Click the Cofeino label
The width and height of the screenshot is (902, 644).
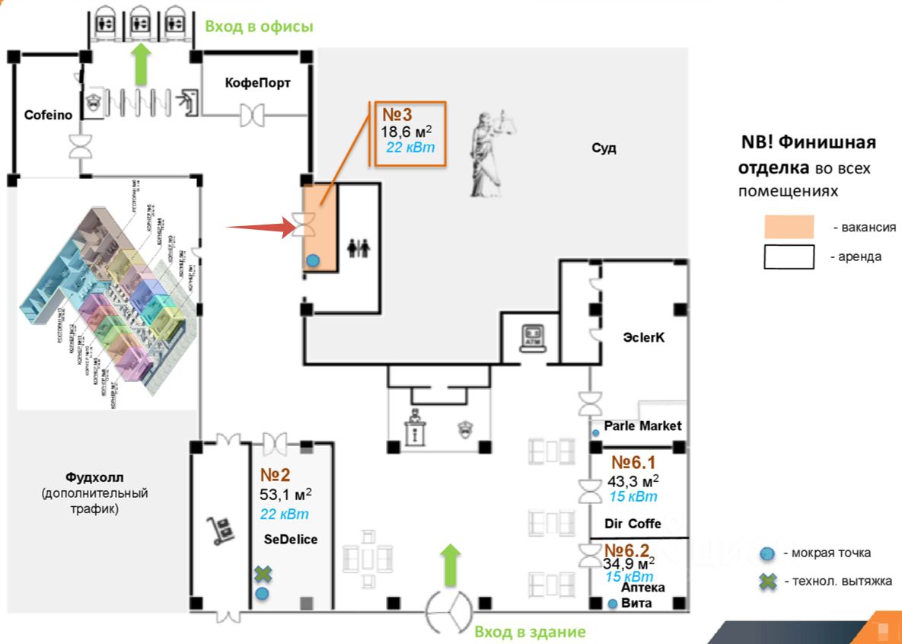[x=48, y=116]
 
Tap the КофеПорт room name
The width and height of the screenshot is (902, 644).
[x=257, y=82]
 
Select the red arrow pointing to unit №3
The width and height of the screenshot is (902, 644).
[x=259, y=226]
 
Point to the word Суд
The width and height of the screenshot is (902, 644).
[x=604, y=148]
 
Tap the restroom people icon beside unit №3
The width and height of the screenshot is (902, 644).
[x=358, y=248]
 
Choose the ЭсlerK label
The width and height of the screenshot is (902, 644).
[x=644, y=337]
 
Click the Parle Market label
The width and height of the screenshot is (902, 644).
[x=642, y=426]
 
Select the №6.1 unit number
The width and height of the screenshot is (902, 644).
[x=633, y=462]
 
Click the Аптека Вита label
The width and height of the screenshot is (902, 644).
[x=642, y=595]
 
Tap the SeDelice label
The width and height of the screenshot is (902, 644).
[x=290, y=539]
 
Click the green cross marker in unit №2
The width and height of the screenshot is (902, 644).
[x=263, y=574]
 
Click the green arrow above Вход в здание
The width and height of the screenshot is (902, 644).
[x=451, y=565]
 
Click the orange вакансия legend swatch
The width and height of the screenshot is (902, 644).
[x=789, y=227]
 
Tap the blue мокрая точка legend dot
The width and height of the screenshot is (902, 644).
[x=768, y=553]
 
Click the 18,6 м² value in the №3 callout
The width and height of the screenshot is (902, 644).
[x=407, y=131]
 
